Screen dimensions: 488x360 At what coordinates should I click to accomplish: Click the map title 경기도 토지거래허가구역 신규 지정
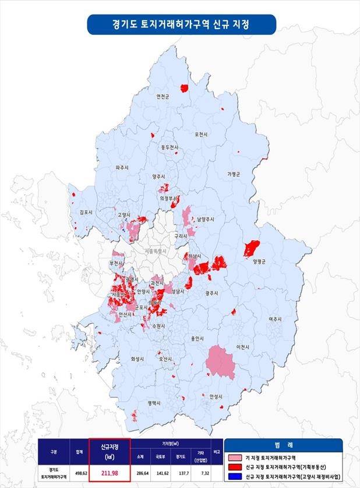click(x=181, y=25)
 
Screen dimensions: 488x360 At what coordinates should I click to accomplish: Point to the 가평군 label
click(x=234, y=174)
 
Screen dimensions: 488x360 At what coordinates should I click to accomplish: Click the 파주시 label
click(x=122, y=167)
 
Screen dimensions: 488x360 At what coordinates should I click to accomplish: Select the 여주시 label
click(x=274, y=320)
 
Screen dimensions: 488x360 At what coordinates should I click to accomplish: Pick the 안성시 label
click(x=216, y=396)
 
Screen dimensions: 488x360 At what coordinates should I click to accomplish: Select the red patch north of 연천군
click(x=184, y=88)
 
